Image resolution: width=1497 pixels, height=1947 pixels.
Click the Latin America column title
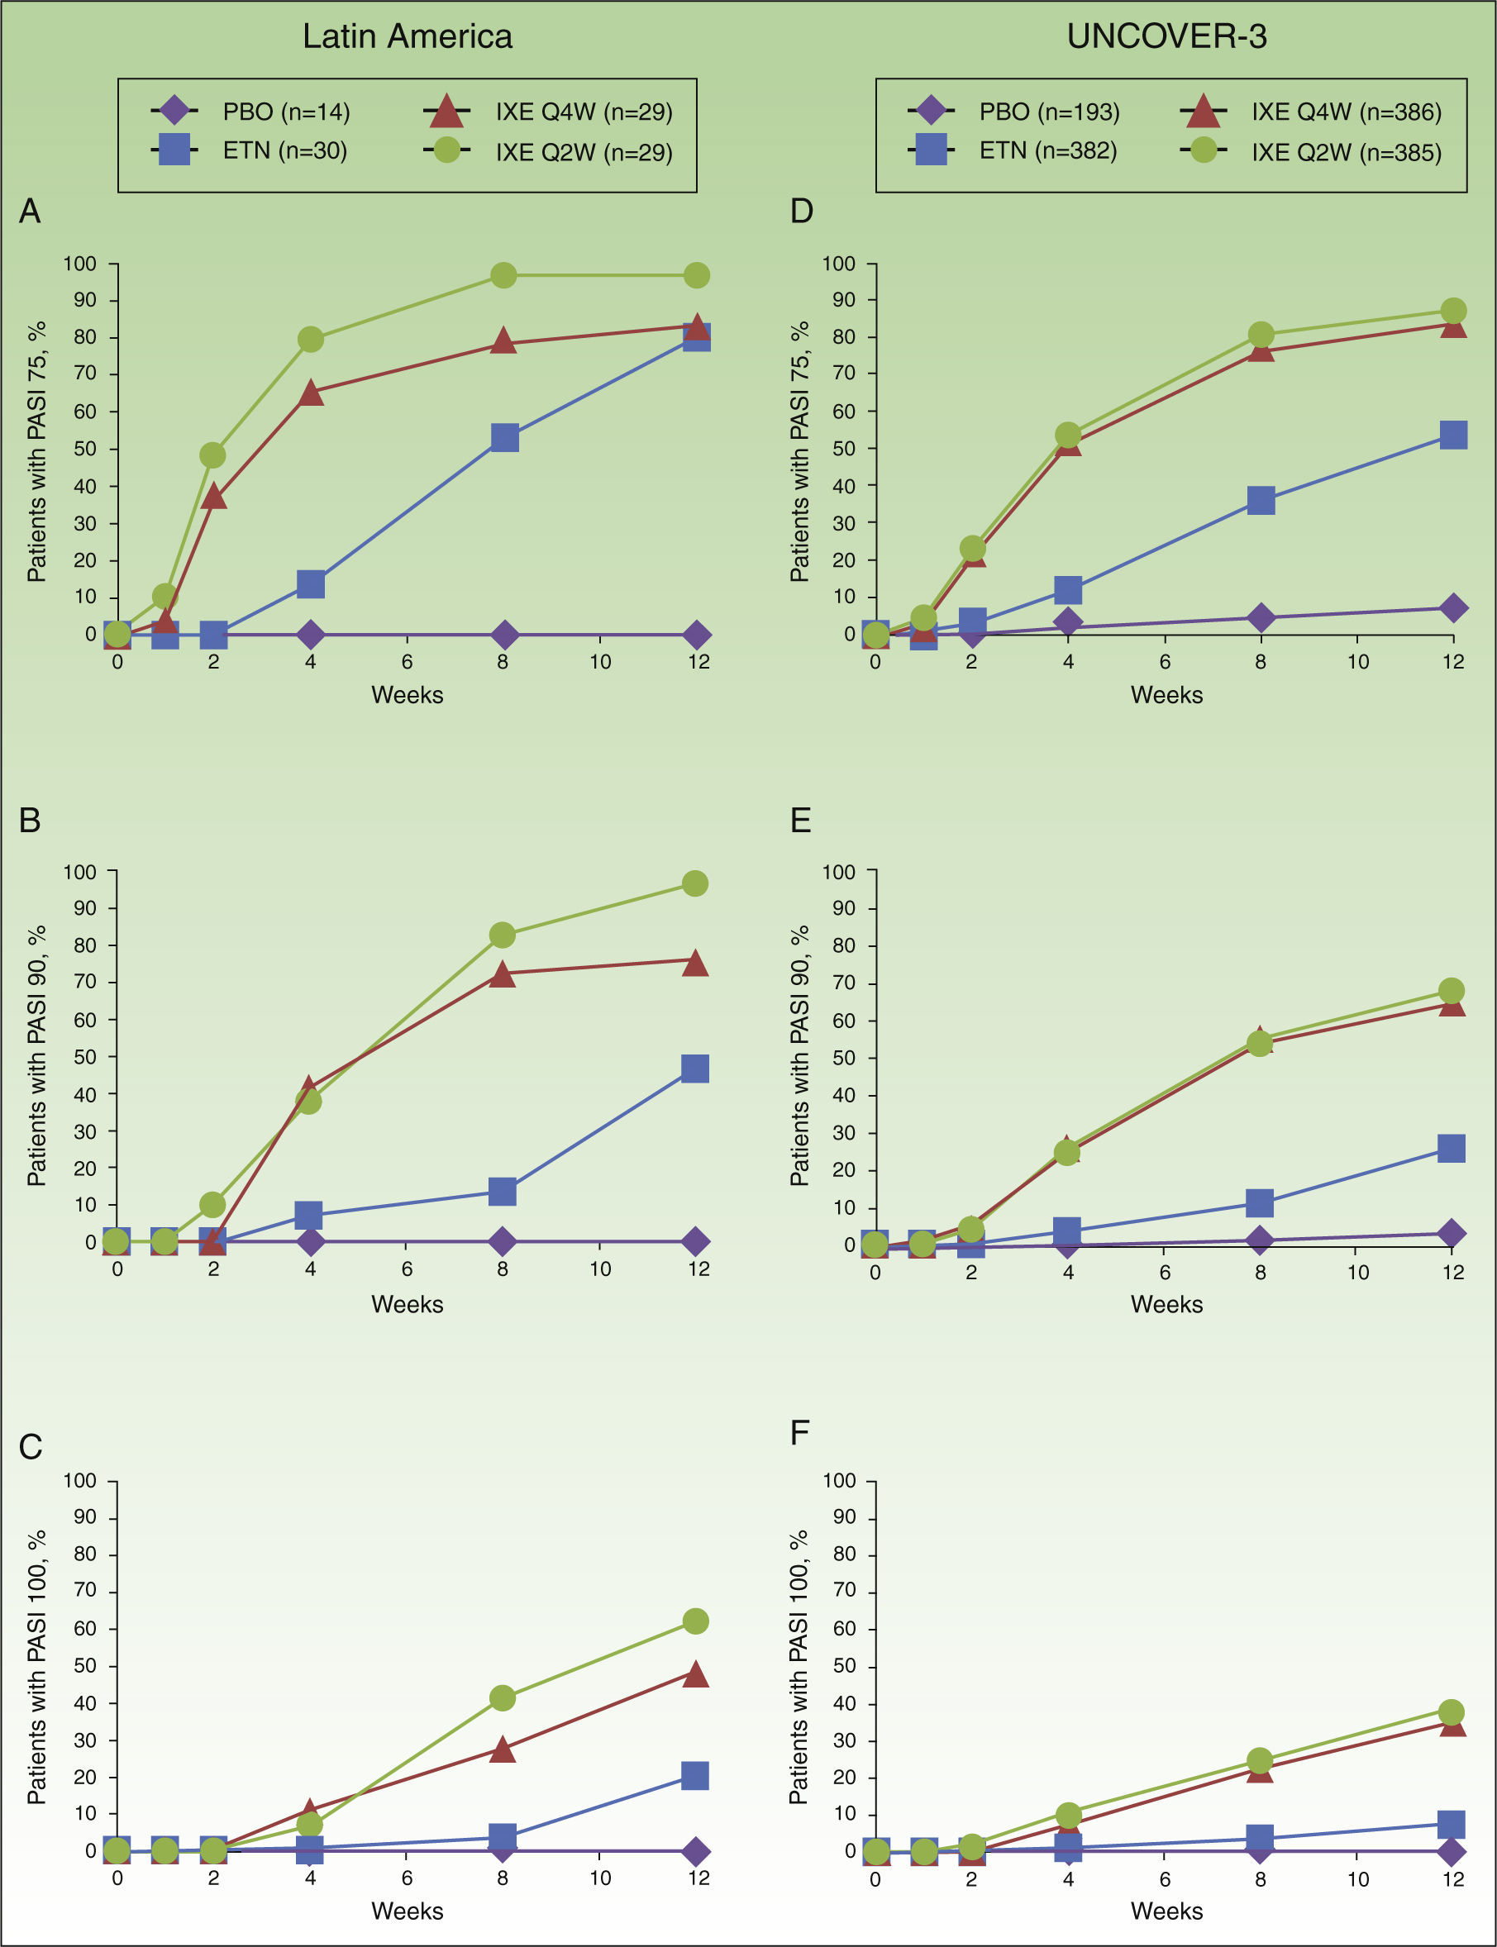(408, 36)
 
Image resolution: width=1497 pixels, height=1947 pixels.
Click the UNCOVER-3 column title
(1166, 36)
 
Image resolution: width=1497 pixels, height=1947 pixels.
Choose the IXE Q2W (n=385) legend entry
(1311, 151)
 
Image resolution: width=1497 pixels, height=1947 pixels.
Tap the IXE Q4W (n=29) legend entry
(548, 112)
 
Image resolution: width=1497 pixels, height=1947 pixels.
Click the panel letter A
(30, 211)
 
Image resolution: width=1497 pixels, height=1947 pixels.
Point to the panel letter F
(799, 1433)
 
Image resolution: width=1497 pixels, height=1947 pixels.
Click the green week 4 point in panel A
(310, 340)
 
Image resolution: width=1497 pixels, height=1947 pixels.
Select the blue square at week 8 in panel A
(504, 438)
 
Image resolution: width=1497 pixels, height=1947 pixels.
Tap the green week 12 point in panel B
(695, 883)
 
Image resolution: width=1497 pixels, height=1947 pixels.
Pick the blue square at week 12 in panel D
(1453, 436)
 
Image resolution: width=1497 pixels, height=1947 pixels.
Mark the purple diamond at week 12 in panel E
(1452, 1234)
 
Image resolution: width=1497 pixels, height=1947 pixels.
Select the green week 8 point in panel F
(1259, 1761)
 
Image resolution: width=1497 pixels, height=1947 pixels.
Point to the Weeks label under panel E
(1166, 1304)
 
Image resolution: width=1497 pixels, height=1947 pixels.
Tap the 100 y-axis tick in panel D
(837, 264)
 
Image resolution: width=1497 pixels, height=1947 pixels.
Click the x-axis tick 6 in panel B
(407, 1269)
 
